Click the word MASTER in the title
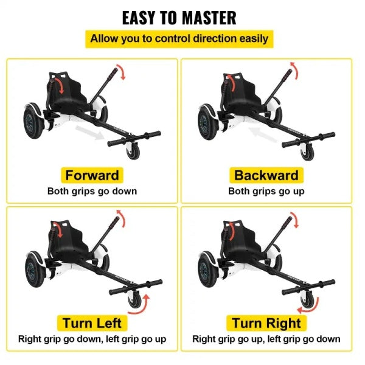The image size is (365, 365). tap(209, 18)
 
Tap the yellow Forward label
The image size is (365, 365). tap(92, 175)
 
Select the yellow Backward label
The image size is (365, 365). tap(266, 175)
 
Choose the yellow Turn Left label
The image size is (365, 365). tap(92, 323)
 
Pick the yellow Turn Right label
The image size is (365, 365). tap(266, 323)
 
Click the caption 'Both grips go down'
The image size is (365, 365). tap(92, 191)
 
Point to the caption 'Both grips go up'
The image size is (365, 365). tap(266, 191)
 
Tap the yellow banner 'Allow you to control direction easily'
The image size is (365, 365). tap(179, 39)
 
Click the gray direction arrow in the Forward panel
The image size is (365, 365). tap(90, 132)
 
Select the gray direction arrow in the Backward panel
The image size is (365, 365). tap(263, 134)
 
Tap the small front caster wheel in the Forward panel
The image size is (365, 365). tap(133, 151)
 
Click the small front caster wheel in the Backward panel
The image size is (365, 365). tap(307, 152)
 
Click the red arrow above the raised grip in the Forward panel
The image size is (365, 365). tap(122, 71)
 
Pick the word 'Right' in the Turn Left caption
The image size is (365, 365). tap(27, 339)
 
